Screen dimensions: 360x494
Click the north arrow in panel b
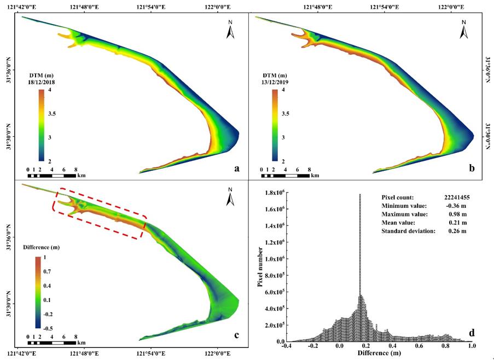(464, 31)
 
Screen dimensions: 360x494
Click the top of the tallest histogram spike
(360, 194)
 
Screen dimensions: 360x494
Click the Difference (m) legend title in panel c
(42, 247)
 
